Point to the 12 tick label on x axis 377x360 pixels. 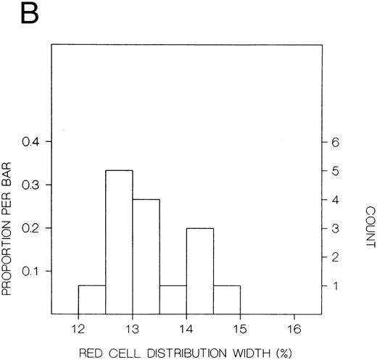click(x=78, y=327)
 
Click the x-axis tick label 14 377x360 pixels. click(x=186, y=327)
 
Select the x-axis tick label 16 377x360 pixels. click(x=294, y=327)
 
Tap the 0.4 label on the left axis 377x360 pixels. click(x=33, y=142)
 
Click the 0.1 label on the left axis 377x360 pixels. click(x=33, y=272)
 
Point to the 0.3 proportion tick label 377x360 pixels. click(x=33, y=185)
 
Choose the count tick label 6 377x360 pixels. click(x=335, y=142)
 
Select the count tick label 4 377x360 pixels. click(x=335, y=199)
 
